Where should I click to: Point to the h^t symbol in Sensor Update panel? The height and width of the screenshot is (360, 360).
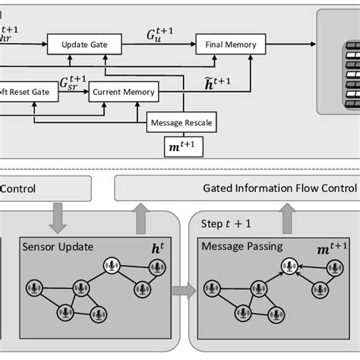click(x=159, y=247)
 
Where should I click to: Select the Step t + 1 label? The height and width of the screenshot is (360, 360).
click(x=225, y=225)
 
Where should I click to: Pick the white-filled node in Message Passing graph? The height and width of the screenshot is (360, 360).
click(x=287, y=266)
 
